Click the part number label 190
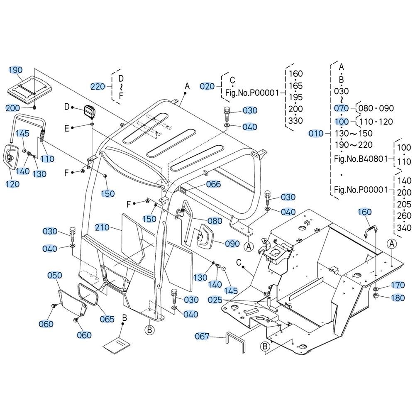16,70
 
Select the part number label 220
98,87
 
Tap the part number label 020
207,86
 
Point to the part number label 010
316,133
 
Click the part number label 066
213,184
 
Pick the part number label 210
102,227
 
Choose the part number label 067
202,337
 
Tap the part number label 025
215,300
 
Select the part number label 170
398,285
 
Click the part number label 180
398,298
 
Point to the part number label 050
54,276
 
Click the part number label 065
107,319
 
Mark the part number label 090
232,244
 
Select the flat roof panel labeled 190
29,90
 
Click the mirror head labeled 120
10,157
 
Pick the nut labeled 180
376,295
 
